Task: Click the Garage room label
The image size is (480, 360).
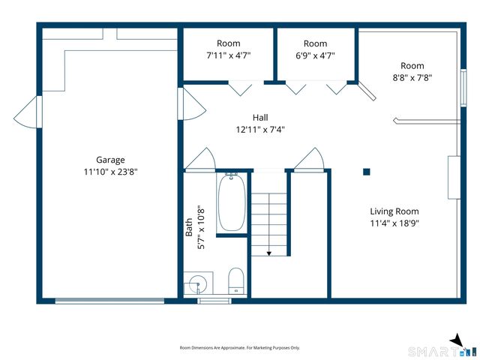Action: pyautogui.click(x=110, y=160)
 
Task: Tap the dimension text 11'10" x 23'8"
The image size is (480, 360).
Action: pyautogui.click(x=110, y=172)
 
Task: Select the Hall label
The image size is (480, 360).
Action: pyautogui.click(x=260, y=118)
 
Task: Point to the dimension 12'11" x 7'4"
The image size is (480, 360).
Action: pyautogui.click(x=260, y=130)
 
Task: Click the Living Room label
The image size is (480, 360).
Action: pyautogui.click(x=394, y=211)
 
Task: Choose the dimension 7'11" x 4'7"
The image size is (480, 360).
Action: pyautogui.click(x=228, y=55)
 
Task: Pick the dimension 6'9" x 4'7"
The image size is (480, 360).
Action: pyautogui.click(x=315, y=55)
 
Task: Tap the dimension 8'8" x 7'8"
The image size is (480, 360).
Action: pyautogui.click(x=412, y=78)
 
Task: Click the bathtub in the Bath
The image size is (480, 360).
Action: pyautogui.click(x=232, y=202)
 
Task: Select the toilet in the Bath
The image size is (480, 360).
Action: pyautogui.click(x=235, y=280)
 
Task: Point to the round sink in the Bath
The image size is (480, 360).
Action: pyautogui.click(x=198, y=283)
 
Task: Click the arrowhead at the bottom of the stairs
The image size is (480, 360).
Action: pyautogui.click(x=268, y=253)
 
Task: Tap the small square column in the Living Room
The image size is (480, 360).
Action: pyautogui.click(x=367, y=172)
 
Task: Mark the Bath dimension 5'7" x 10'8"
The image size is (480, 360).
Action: pyautogui.click(x=201, y=229)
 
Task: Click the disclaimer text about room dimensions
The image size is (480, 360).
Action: pyautogui.click(x=240, y=348)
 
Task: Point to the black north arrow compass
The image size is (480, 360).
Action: pyautogui.click(x=457, y=341)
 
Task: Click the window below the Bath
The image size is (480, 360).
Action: pyautogui.click(x=214, y=301)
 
